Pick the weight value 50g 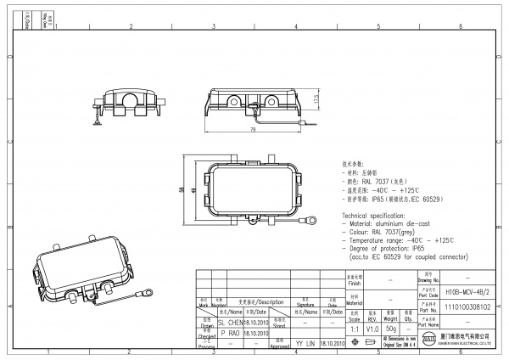(x=390, y=327)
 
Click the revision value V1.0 (x=372, y=327)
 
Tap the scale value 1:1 (x=354, y=327)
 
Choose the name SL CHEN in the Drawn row (x=231, y=323)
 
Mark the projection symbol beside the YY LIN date (x=367, y=343)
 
